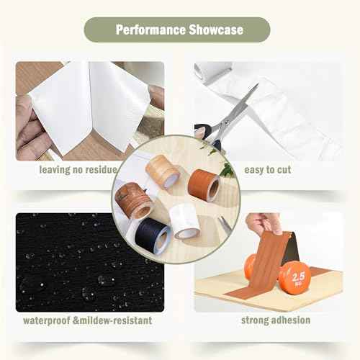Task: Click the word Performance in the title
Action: [x=150, y=30]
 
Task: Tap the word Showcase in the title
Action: [x=216, y=30]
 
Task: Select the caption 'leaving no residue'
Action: [x=78, y=170]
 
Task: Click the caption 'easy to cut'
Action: [x=268, y=170]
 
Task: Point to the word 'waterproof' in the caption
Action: [x=47, y=320]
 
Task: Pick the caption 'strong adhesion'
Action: [x=276, y=320]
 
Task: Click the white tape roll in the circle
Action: [x=185, y=221]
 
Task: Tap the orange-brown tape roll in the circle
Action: [x=204, y=185]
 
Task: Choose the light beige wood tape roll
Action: [x=163, y=171]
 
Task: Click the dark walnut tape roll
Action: [x=133, y=200]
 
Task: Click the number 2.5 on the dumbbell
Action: [x=299, y=276]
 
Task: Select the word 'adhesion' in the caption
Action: [x=291, y=320]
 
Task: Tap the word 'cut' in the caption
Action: [x=284, y=170]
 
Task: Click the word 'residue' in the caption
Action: [x=102, y=170]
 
